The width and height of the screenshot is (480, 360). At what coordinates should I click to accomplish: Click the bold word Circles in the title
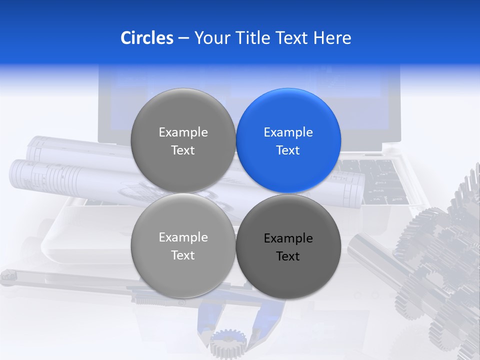coord(146,38)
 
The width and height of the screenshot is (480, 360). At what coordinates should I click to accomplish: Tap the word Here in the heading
coord(332,38)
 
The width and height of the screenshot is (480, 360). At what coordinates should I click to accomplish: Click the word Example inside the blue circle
coord(288,132)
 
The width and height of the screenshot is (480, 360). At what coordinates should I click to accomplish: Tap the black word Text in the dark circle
coord(288,256)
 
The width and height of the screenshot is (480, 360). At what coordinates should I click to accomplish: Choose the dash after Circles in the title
coord(183,38)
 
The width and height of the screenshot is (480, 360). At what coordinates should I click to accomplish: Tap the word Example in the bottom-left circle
coord(183,237)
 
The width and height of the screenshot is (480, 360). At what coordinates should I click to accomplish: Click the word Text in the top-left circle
coord(183,150)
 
